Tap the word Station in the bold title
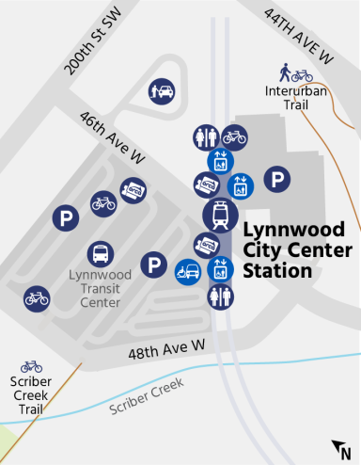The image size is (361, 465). click(277, 270)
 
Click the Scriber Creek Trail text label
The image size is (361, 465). click(31, 395)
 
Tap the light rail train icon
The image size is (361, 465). click(220, 216)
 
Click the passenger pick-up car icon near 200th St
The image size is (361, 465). click(162, 91)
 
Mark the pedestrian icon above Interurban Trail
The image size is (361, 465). click(284, 71)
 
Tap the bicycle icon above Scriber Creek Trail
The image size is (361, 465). click(31, 364)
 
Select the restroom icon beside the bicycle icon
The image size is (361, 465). click(206, 137)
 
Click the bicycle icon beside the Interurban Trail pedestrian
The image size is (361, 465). click(302, 74)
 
